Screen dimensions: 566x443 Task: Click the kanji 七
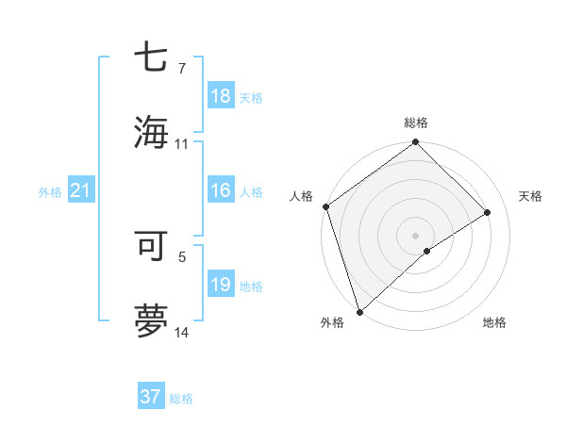click(151, 58)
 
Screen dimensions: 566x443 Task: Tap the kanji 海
click(151, 131)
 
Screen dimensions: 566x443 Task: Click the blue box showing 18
click(221, 96)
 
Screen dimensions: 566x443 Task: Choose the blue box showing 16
click(221, 190)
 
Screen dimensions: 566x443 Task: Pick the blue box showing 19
click(221, 285)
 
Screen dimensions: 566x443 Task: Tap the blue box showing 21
click(81, 191)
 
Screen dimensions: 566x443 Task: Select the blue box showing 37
click(151, 397)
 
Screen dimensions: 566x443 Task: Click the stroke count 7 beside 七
click(181, 70)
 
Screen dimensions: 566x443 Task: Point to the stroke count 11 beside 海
click(181, 144)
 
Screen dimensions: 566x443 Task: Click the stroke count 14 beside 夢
click(181, 333)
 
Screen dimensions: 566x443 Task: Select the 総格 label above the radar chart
click(416, 123)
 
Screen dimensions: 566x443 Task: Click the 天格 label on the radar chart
click(530, 196)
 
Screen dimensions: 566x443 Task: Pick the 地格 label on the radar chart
click(494, 322)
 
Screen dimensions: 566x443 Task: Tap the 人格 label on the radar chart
click(302, 196)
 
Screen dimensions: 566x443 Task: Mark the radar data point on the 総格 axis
click(416, 143)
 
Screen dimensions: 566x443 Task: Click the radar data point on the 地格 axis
click(427, 251)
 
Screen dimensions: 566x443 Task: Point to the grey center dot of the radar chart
click(416, 235)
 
